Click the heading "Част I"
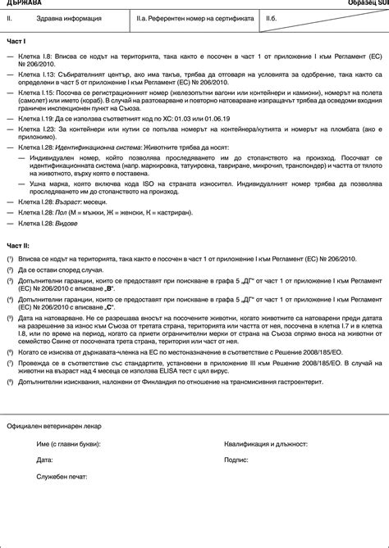click(x=17, y=40)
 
